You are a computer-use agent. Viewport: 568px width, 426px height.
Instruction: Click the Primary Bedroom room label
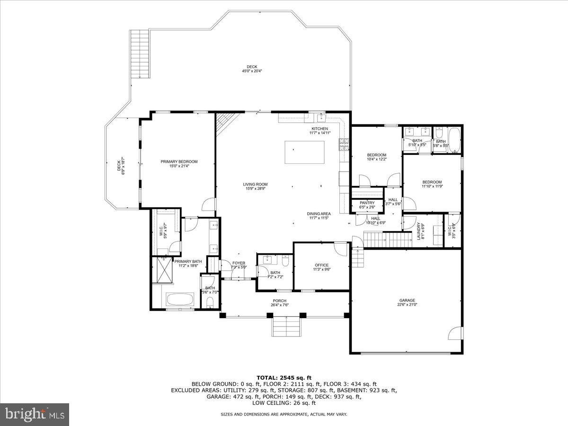(x=178, y=162)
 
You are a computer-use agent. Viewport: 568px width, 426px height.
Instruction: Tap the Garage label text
(x=407, y=301)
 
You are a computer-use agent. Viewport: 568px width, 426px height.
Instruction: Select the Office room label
(x=321, y=265)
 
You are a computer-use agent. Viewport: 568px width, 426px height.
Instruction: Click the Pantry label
(x=367, y=203)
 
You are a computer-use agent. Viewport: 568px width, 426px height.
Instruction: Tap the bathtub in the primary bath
(x=180, y=300)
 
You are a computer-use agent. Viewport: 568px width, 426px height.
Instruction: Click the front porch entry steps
(x=286, y=327)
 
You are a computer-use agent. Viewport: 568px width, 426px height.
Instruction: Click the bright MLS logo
(x=35, y=414)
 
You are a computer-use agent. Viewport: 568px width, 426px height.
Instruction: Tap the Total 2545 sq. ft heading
(x=284, y=377)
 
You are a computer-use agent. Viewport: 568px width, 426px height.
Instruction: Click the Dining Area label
(x=319, y=214)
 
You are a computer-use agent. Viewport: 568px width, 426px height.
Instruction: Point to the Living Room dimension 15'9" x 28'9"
(x=256, y=189)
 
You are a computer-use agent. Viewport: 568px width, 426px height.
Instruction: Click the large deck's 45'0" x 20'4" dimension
(x=252, y=71)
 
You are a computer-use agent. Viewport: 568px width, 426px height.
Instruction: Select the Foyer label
(x=239, y=263)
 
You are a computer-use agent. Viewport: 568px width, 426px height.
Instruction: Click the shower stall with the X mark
(x=162, y=269)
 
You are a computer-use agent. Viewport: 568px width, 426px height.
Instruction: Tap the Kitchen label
(x=319, y=129)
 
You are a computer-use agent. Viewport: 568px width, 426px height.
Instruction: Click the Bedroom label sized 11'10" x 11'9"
(x=432, y=182)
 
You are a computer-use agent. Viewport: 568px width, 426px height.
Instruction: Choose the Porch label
(x=279, y=301)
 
